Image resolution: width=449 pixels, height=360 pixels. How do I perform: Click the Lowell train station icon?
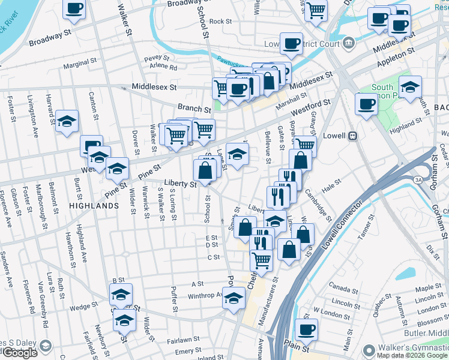click(354, 136)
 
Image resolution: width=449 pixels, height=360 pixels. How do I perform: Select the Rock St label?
click(220, 21)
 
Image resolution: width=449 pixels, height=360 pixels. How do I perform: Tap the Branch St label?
click(194, 109)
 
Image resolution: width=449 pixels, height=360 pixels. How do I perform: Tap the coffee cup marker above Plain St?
click(306, 329)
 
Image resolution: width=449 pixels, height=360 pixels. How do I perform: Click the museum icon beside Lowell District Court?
click(348, 43)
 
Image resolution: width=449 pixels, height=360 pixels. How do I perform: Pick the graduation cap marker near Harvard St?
click(67, 120)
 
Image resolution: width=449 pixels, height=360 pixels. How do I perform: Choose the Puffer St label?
click(174, 299)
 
